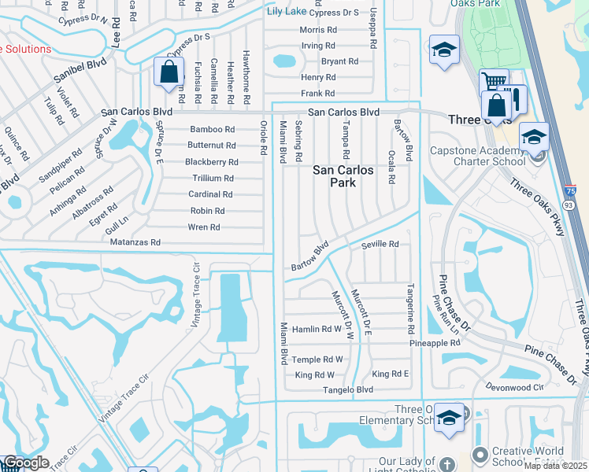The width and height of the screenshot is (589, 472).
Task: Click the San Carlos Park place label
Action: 345,176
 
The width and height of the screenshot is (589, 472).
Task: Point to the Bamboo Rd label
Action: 212,129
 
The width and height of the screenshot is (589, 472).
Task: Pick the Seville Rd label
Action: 380,245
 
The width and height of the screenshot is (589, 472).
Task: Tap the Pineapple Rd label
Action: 434,344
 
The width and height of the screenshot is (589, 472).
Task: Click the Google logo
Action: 26,463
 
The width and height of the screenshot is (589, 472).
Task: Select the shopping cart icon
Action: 493,82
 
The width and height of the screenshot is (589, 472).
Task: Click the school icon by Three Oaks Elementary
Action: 449,416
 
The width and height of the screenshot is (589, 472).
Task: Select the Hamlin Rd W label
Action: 317,329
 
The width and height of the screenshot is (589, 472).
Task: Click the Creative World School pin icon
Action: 481,455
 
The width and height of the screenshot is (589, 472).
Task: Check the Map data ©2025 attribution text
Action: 556,466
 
